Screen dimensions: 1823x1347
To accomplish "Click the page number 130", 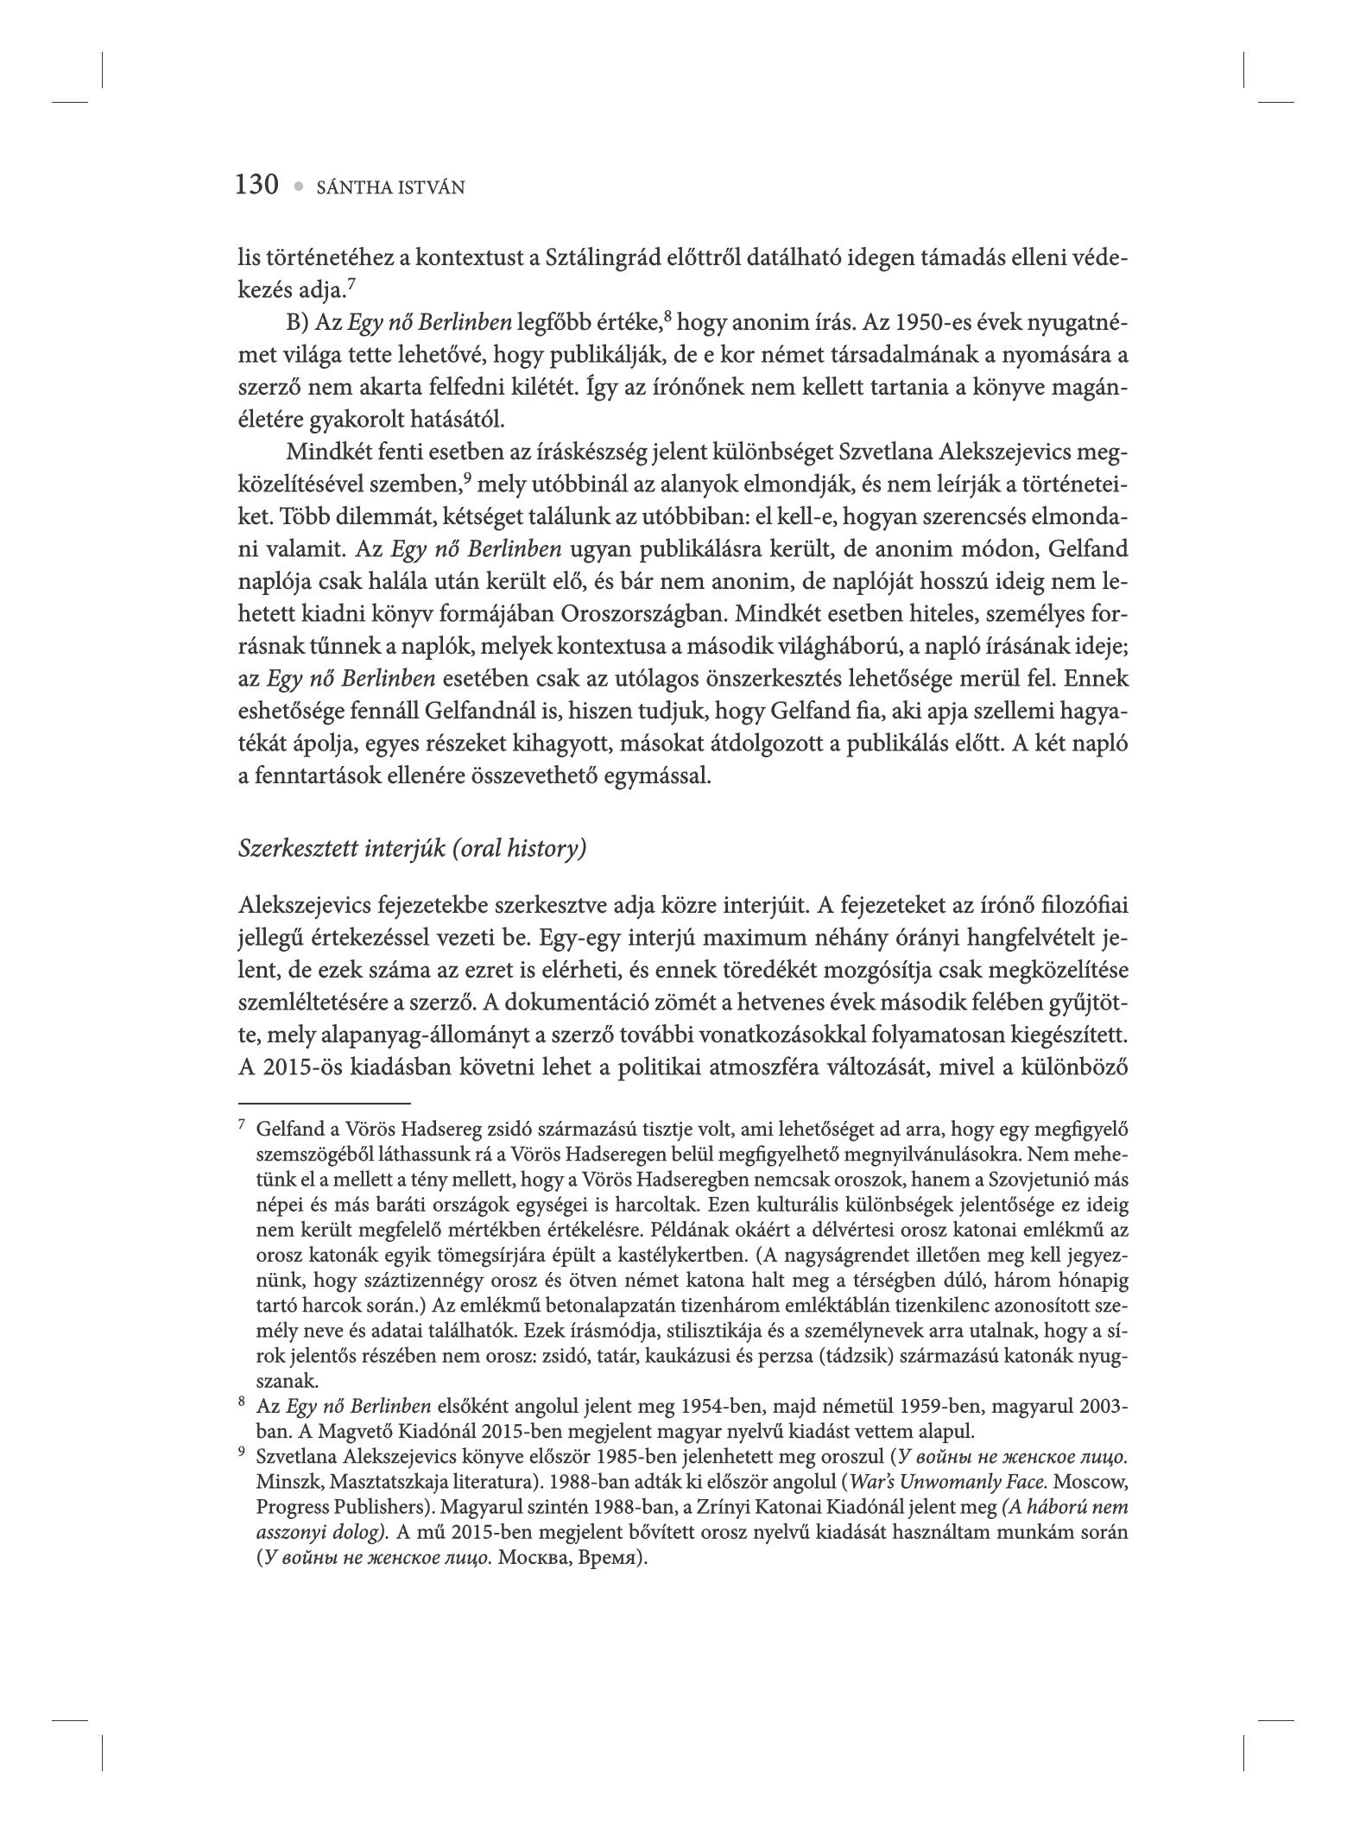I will [x=256, y=185].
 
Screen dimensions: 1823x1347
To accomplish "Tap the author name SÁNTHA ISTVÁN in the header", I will [x=391, y=187].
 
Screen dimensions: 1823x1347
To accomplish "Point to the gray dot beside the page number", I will [x=299, y=187].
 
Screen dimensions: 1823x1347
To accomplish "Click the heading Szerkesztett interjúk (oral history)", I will [x=412, y=849].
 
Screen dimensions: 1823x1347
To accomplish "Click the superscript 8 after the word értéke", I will [x=667, y=317].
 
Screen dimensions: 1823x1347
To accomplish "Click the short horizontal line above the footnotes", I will [x=324, y=1103].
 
